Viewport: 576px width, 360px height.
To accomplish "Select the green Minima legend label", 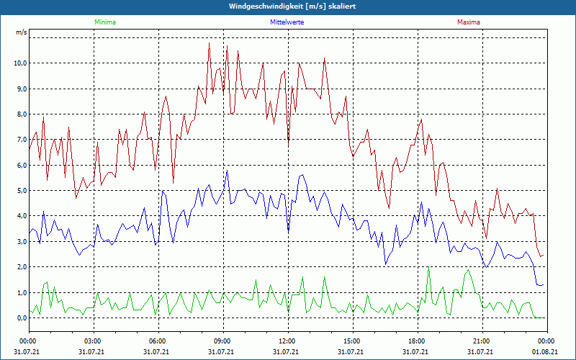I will pos(104,22).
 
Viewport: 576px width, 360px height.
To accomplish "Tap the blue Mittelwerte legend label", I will pos(287,22).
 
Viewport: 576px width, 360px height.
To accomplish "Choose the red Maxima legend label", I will pos(469,22).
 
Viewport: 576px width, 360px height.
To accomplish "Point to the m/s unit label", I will pos(22,33).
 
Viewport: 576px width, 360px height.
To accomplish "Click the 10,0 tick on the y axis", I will pos(19,63).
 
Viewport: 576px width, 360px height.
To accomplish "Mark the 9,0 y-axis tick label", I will pos(21,89).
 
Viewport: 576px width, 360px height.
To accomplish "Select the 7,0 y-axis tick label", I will pos(21,140).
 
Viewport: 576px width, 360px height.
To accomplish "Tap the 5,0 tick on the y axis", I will pos(21,191).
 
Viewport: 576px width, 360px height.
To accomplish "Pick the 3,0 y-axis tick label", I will pos(21,242).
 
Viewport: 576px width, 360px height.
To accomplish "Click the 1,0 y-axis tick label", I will pos(21,292).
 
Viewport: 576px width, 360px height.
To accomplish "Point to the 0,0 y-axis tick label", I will pos(21,318).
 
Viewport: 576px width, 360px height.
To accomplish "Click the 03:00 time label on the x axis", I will pos(93,341).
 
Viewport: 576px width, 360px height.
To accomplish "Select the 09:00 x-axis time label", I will pos(222,341).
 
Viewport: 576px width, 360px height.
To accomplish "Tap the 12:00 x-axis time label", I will pos(287,341).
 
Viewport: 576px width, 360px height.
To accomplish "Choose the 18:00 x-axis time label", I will pos(417,341).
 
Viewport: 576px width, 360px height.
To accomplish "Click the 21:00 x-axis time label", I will pos(482,341).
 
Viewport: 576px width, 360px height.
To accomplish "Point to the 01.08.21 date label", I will pos(546,352).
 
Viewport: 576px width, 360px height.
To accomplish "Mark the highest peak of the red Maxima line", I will pos(210,42).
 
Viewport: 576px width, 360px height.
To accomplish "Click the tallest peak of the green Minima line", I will pos(428,269).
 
